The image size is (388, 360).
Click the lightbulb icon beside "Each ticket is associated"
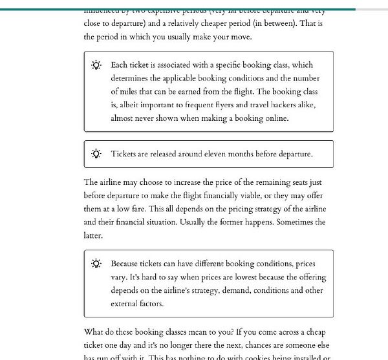pyautogui.click(x=96, y=65)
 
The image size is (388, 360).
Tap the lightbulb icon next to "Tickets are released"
pyautogui.click(x=96, y=154)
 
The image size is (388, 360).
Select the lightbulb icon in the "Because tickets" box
pyautogui.click(x=96, y=264)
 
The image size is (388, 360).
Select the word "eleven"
pyautogui.click(x=218, y=154)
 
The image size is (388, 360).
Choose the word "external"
pyautogui.click(x=127, y=304)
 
